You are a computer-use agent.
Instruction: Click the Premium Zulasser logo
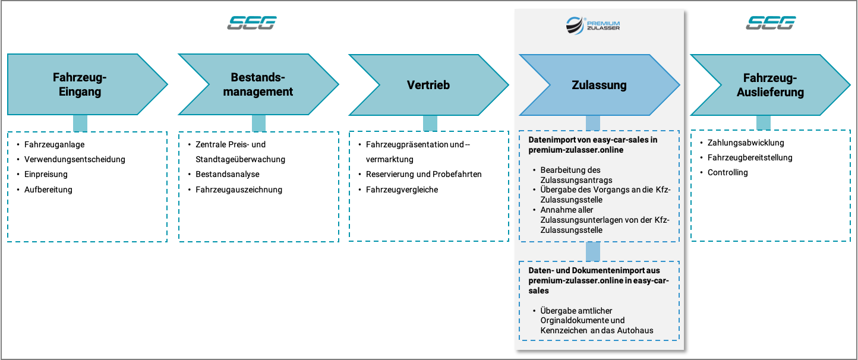tap(593, 26)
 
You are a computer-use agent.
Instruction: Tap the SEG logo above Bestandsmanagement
tap(252, 23)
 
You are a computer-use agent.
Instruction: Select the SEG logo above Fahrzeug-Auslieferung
tap(771, 23)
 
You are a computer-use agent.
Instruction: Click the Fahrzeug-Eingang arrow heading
tap(80, 84)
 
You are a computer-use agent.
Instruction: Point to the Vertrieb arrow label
tap(428, 84)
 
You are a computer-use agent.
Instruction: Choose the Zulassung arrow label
tap(599, 84)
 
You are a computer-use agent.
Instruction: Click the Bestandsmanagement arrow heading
tap(258, 84)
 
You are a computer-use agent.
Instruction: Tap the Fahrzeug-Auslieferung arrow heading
tap(770, 84)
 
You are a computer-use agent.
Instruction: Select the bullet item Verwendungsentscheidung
tap(75, 159)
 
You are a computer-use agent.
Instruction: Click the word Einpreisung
tap(46, 174)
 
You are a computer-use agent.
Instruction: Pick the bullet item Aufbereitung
tap(48, 190)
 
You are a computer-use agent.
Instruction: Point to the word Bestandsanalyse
tap(228, 174)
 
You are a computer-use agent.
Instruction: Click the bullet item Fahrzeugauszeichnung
tap(239, 190)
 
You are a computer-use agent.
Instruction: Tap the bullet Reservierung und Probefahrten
tap(424, 174)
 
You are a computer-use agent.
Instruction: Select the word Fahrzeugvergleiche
tap(402, 190)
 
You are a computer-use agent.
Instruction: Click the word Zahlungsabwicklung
tap(746, 143)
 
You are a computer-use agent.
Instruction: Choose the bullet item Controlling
tap(727, 172)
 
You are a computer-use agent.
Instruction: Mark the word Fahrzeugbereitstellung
tap(750, 157)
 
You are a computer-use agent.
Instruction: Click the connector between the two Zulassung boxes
tap(593, 252)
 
